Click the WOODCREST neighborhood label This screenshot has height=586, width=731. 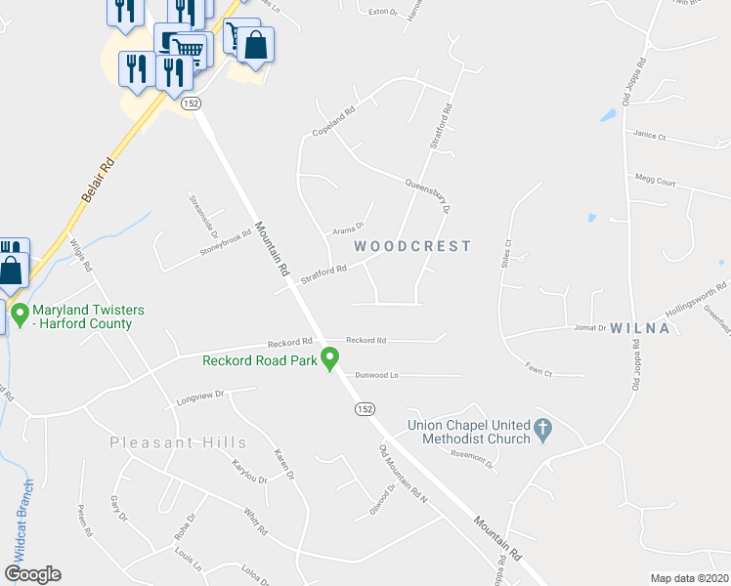pyautogui.click(x=411, y=246)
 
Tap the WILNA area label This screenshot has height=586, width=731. pyautogui.click(x=640, y=328)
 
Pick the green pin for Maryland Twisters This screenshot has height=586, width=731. pyautogui.click(x=19, y=315)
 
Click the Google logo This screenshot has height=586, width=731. pyautogui.click(x=32, y=574)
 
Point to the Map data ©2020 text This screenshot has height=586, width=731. pyautogui.click(x=689, y=578)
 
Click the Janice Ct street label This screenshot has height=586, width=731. pyautogui.click(x=649, y=135)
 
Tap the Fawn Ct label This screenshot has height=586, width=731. pyautogui.click(x=538, y=372)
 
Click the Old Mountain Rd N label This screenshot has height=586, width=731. pyautogui.click(x=404, y=475)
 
